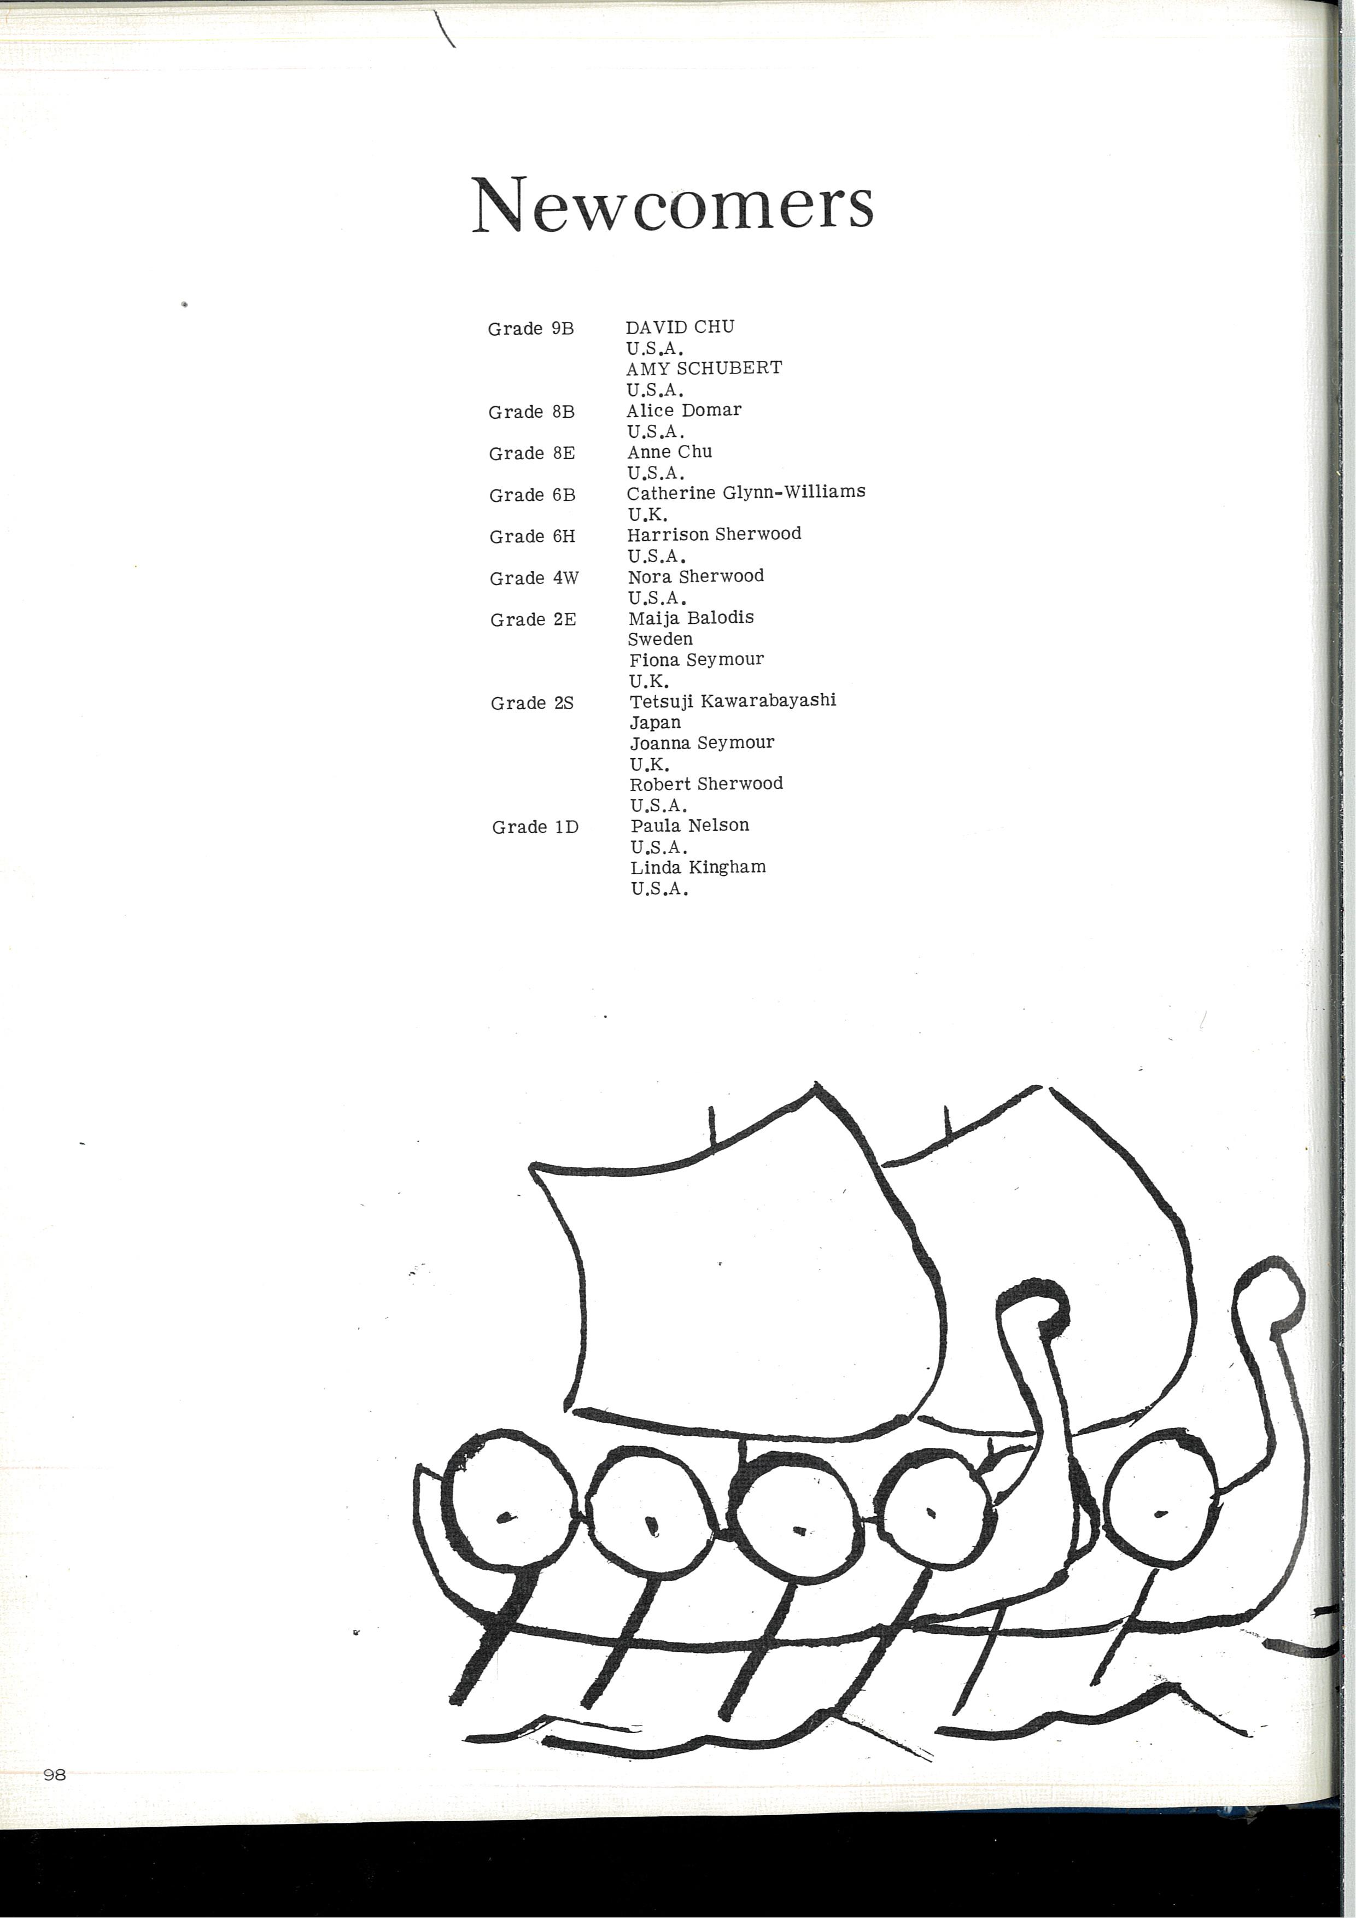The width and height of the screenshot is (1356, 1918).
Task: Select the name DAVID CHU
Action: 680,326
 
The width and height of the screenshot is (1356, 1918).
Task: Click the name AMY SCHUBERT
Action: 704,367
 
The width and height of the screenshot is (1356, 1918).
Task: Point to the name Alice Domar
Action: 683,410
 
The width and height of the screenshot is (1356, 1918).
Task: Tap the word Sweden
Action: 660,639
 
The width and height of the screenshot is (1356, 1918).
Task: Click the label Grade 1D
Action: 535,827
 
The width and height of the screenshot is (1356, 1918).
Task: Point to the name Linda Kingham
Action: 698,867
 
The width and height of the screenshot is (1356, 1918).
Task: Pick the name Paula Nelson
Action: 689,826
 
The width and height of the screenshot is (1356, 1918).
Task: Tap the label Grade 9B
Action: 530,328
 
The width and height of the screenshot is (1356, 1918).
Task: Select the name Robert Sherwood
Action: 706,783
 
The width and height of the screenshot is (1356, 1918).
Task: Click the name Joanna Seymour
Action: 702,742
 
